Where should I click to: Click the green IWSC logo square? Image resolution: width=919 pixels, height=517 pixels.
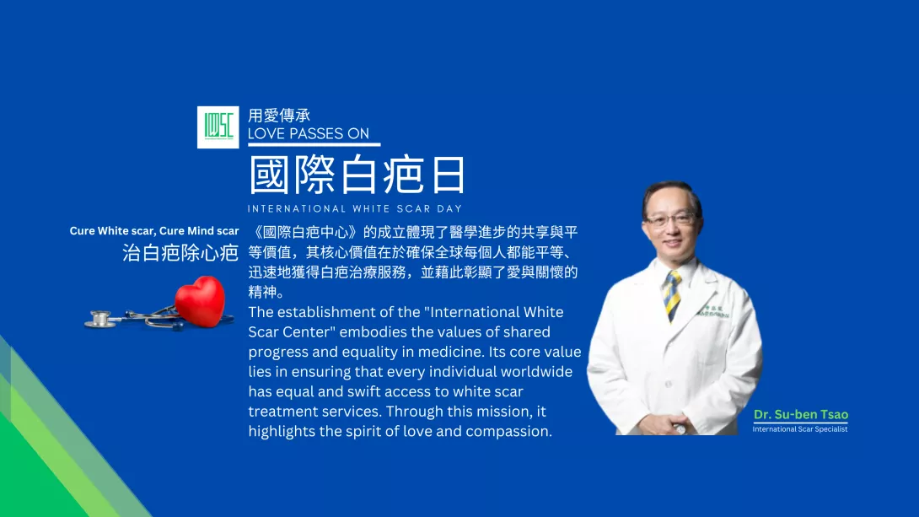coord(218,127)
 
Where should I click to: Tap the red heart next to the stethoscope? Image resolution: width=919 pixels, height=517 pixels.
coord(201,301)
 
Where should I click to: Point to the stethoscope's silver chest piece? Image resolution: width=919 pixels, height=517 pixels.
coord(100,319)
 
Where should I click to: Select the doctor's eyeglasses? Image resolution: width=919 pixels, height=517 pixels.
coord(670,220)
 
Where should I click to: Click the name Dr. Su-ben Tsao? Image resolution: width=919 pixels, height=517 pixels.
coord(801,414)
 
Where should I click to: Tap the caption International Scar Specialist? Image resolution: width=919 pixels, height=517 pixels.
coord(800,429)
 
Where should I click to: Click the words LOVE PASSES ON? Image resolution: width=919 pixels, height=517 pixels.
coord(309,133)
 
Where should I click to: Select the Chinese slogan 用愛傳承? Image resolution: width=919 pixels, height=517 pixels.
coord(279,116)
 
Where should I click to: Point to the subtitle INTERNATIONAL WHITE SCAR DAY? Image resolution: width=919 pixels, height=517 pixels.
coord(355,208)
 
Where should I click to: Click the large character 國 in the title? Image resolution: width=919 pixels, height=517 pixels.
coord(269,174)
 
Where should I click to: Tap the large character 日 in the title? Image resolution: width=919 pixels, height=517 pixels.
coord(449,174)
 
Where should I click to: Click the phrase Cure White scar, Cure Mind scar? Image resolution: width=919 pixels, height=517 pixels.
coord(154,231)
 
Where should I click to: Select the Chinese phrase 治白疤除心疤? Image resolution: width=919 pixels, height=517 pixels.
coord(180,253)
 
